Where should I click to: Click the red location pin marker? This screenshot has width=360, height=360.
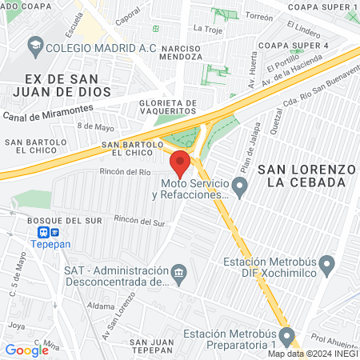(x=180, y=163)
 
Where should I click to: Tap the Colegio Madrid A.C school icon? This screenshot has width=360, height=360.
(x=36, y=47)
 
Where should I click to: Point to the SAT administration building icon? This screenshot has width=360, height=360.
(x=178, y=274)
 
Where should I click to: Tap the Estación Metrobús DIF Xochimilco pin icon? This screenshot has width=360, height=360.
(x=326, y=263)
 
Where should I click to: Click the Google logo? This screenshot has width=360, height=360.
(x=26, y=350)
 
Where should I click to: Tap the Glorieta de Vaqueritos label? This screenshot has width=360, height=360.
(x=167, y=108)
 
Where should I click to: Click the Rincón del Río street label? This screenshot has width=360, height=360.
(x=125, y=171)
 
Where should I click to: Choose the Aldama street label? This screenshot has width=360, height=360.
(x=102, y=306)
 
